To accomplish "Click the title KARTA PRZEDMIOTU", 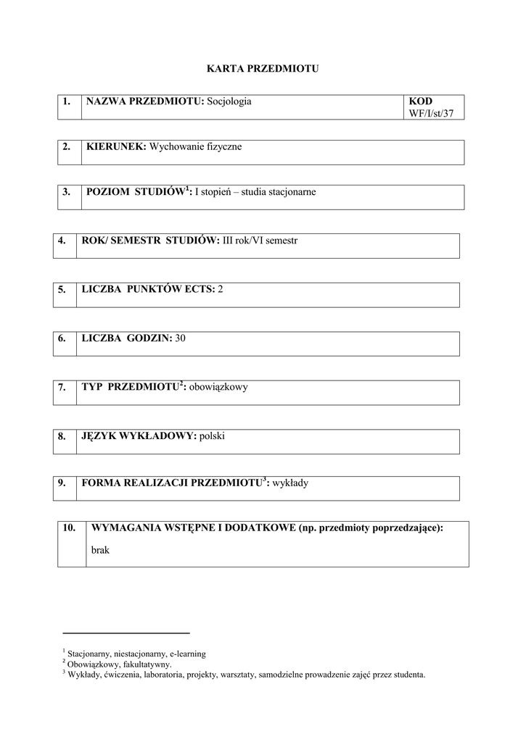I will click(263, 69).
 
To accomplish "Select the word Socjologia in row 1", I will click(229, 101).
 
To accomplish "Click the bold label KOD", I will click(420, 101).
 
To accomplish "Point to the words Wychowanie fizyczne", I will click(195, 146).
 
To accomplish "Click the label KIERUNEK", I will click(116, 146).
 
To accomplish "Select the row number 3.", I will click(67, 192).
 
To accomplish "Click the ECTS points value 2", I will click(221, 289).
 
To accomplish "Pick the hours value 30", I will click(181, 338).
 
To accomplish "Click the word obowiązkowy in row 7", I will click(218, 387).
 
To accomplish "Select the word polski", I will click(214, 435).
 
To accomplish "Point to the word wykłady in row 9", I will click(290, 483).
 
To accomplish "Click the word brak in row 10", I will click(100, 550).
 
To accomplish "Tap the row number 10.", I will click(70, 528).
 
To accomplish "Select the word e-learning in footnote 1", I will click(186, 653).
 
